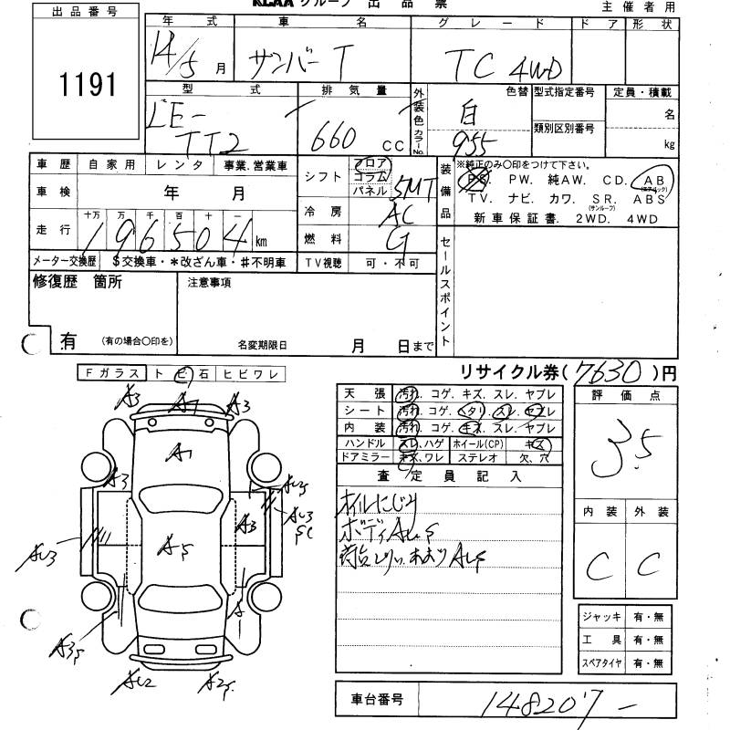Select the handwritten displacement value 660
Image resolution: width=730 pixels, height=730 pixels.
pos(335,139)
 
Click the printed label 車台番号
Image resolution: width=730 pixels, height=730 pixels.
pos(376,700)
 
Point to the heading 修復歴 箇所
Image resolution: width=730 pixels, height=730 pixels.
pos(77,282)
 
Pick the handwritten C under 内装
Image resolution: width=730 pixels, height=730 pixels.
pos(599,568)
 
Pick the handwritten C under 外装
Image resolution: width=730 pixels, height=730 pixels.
pos(651,567)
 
